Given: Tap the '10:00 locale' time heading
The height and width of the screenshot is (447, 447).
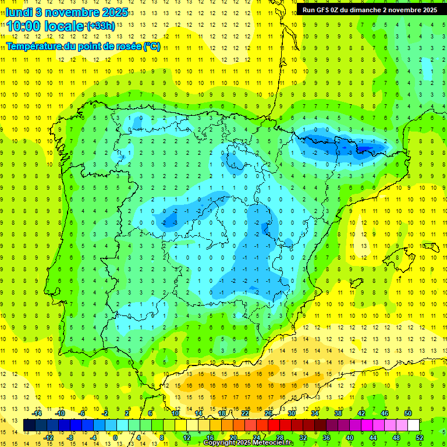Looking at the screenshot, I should click(x=45, y=26).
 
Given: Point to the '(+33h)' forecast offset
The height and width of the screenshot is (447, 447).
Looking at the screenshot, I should click(x=101, y=26).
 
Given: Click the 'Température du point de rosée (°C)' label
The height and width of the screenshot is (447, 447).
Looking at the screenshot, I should click(x=83, y=46).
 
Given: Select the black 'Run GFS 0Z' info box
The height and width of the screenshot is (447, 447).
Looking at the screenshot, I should click(x=370, y=10).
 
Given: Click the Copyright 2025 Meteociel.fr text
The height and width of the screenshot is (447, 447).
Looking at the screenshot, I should click(x=249, y=443).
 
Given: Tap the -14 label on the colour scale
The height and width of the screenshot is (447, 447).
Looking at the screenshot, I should click(x=38, y=413).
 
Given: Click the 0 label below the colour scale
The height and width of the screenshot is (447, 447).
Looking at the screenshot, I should click(x=115, y=437).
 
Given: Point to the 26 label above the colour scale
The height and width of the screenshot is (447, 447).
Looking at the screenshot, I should click(x=268, y=413).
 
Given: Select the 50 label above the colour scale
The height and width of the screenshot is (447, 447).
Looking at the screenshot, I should click(x=408, y=413).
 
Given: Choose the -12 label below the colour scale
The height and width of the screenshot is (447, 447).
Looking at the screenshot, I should click(x=49, y=437).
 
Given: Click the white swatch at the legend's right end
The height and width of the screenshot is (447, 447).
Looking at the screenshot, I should click(x=414, y=425).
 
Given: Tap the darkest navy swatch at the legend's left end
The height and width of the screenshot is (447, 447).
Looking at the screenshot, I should click(x=30, y=425).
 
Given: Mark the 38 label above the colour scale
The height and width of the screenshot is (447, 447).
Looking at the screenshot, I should click(x=338, y=413).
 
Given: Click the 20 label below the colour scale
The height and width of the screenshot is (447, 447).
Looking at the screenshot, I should click(x=233, y=437).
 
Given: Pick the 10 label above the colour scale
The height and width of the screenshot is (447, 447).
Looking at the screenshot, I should click(x=175, y=413).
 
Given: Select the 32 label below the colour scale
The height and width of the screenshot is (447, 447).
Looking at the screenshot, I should click(x=303, y=437).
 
